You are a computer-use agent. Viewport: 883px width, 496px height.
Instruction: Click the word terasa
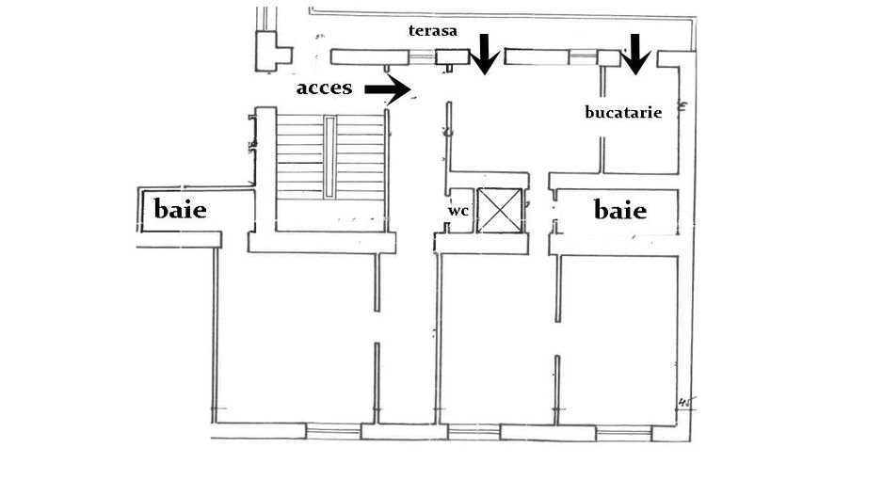pos(432,31)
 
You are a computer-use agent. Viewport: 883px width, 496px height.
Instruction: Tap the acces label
pos(324,88)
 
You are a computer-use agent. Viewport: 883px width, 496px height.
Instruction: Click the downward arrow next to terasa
pos(485,53)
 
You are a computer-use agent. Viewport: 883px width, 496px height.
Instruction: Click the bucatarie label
pos(623,112)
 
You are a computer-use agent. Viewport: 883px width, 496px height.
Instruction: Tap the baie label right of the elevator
pos(620,210)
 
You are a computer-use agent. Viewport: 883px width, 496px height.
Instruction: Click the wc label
pos(458,211)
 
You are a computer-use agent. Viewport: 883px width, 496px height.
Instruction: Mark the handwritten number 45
pos(685,405)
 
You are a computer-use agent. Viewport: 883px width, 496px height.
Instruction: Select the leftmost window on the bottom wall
pos(334,432)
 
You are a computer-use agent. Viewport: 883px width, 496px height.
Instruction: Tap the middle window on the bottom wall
pos(474,432)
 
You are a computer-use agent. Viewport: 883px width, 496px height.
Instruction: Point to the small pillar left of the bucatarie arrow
pos(609,58)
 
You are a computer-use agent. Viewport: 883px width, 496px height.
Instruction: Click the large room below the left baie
pos(295,339)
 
